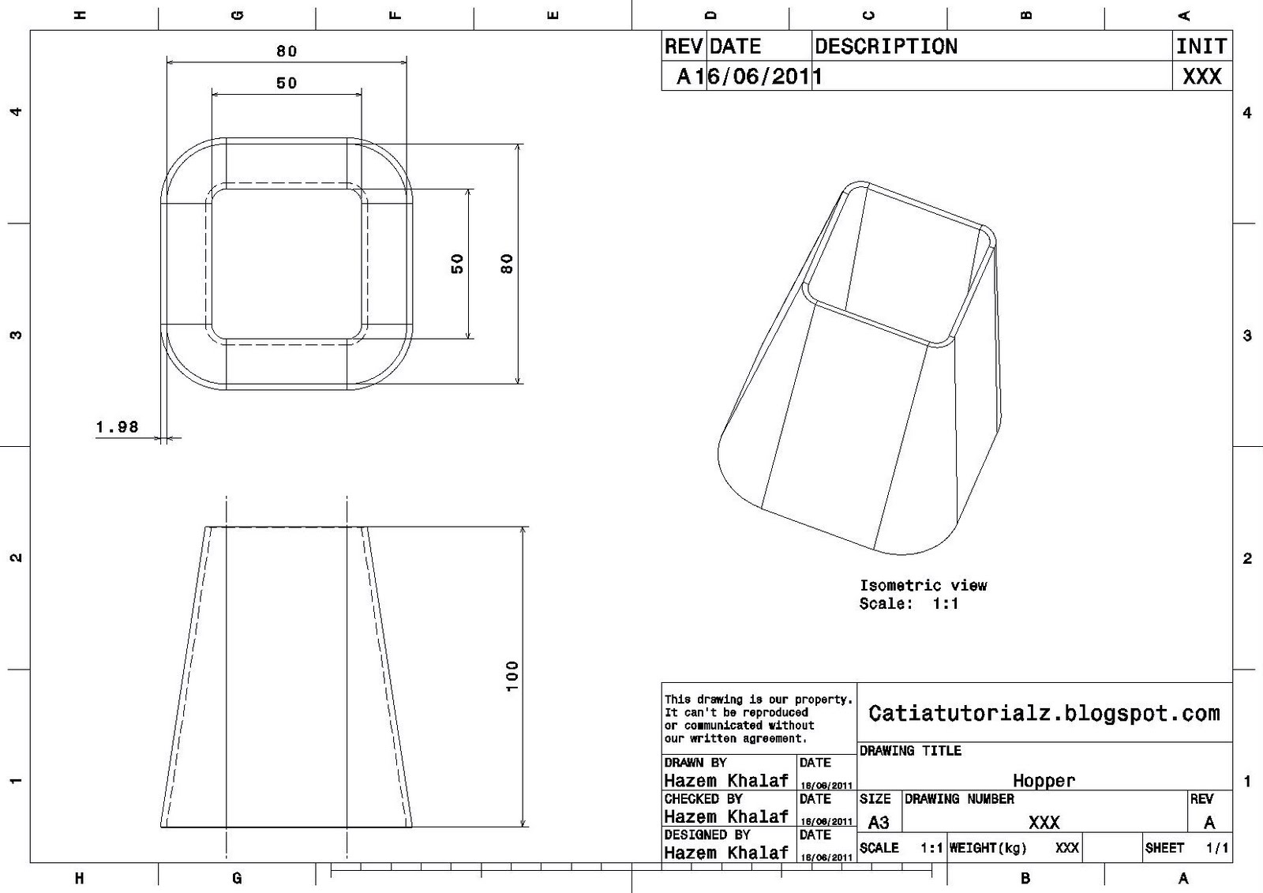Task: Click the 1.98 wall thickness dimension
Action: [x=117, y=427]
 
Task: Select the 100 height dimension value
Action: [x=512, y=677]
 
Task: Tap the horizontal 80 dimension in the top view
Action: [x=287, y=51]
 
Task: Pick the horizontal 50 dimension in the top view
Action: [x=287, y=83]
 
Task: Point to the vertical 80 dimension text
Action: [x=507, y=264]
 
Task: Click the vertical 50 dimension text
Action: [x=457, y=264]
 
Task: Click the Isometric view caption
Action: [x=923, y=586]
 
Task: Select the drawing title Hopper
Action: [x=1044, y=781]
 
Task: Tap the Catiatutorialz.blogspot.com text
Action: [x=1044, y=714]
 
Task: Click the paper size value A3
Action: [x=879, y=823]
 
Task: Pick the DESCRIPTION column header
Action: [x=886, y=47]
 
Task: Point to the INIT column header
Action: [x=1201, y=47]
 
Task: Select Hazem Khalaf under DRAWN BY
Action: [x=725, y=781]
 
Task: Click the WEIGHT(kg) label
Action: [x=988, y=848]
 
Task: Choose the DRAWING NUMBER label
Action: [x=959, y=799]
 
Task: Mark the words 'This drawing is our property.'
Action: [x=758, y=700]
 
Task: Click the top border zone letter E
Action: [x=553, y=14]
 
